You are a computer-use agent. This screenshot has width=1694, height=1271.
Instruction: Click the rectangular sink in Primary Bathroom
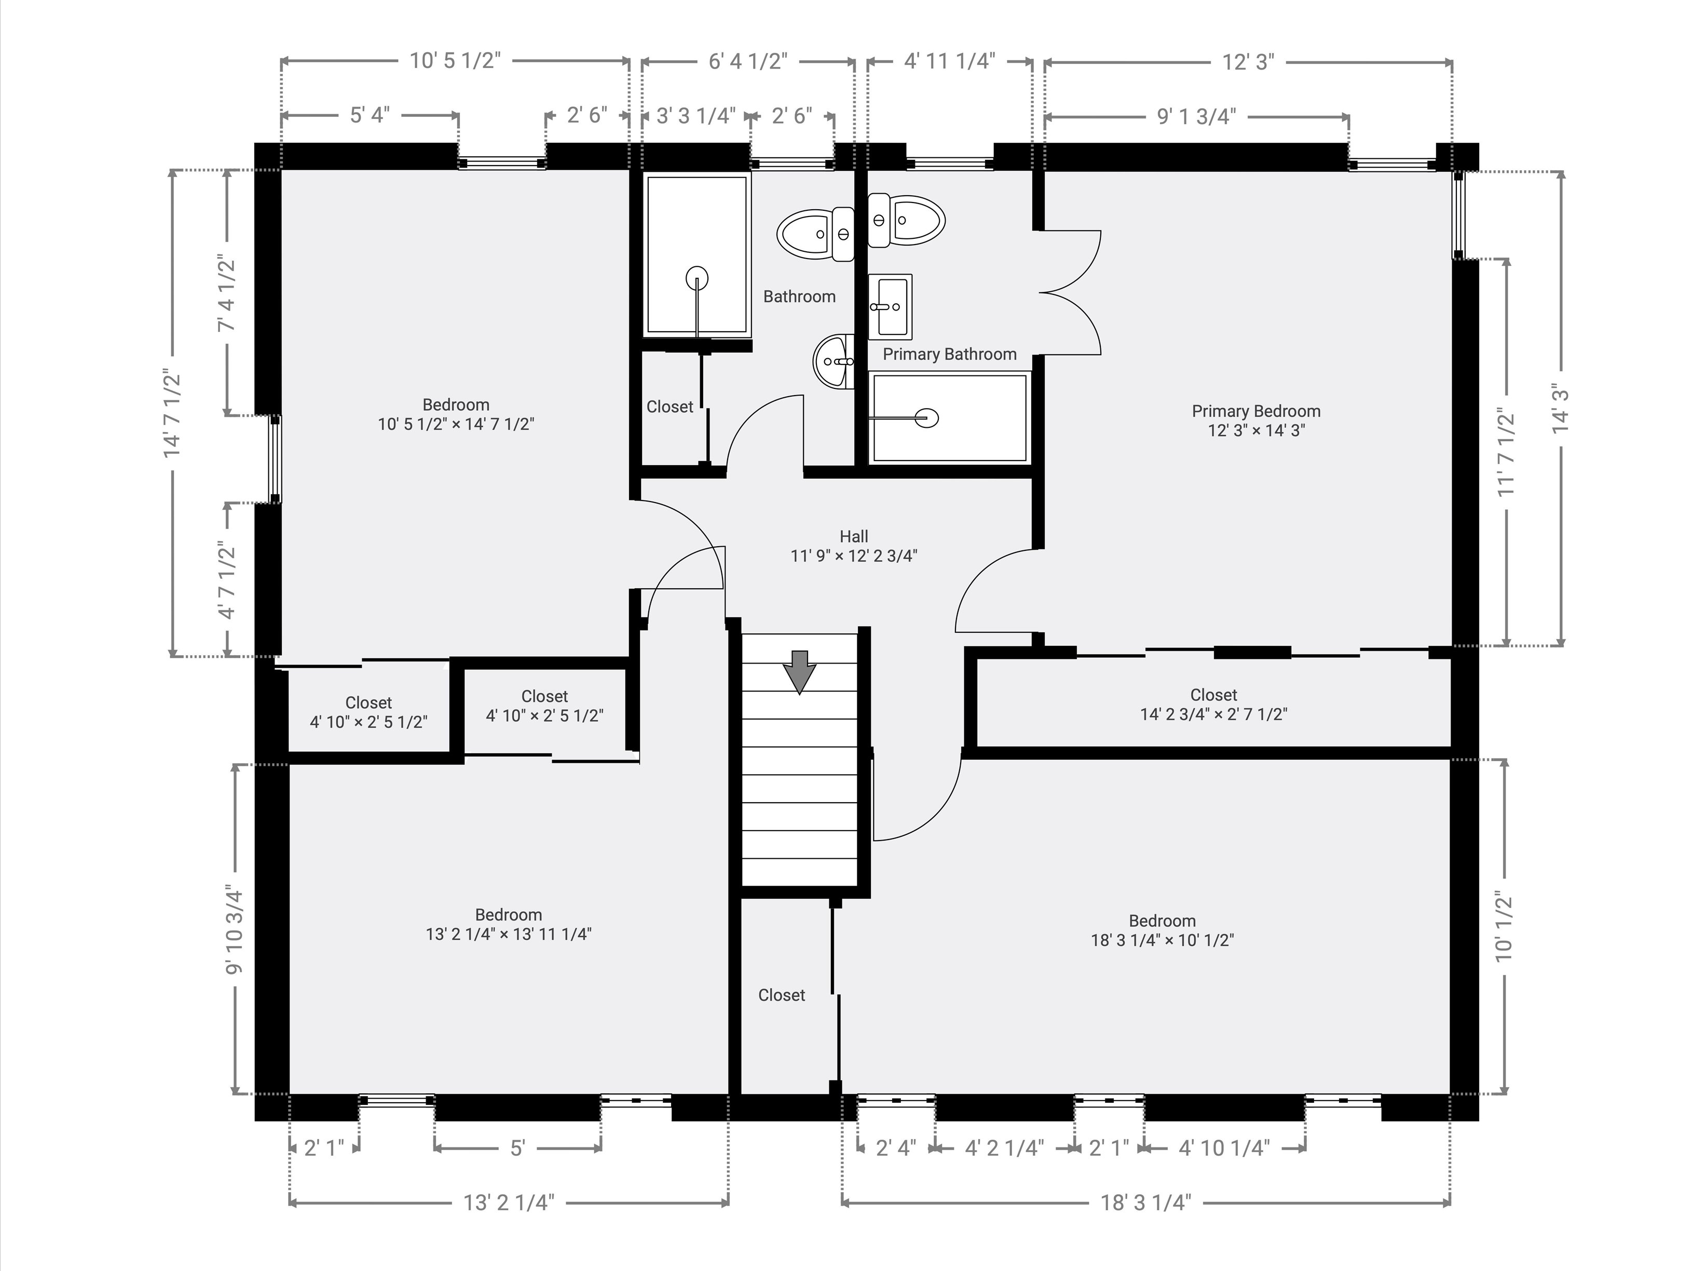click(x=890, y=306)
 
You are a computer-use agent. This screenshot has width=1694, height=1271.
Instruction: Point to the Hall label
click(x=853, y=537)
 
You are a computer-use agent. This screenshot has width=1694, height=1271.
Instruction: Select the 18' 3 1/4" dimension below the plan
click(x=1145, y=1203)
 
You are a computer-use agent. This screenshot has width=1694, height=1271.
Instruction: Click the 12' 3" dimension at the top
click(x=1248, y=62)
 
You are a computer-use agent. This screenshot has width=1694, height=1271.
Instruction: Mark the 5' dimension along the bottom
click(x=517, y=1147)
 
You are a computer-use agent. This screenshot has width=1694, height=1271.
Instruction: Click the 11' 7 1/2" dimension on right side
click(x=1506, y=452)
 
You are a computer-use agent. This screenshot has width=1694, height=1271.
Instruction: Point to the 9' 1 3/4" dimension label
click(x=1196, y=116)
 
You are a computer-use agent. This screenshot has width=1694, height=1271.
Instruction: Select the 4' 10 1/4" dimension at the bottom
click(x=1224, y=1147)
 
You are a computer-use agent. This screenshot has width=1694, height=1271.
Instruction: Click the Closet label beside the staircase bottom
click(x=781, y=995)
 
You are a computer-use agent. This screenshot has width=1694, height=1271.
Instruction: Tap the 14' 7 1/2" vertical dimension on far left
click(x=172, y=414)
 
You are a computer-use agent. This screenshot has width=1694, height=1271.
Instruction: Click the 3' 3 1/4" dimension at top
click(x=695, y=116)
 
